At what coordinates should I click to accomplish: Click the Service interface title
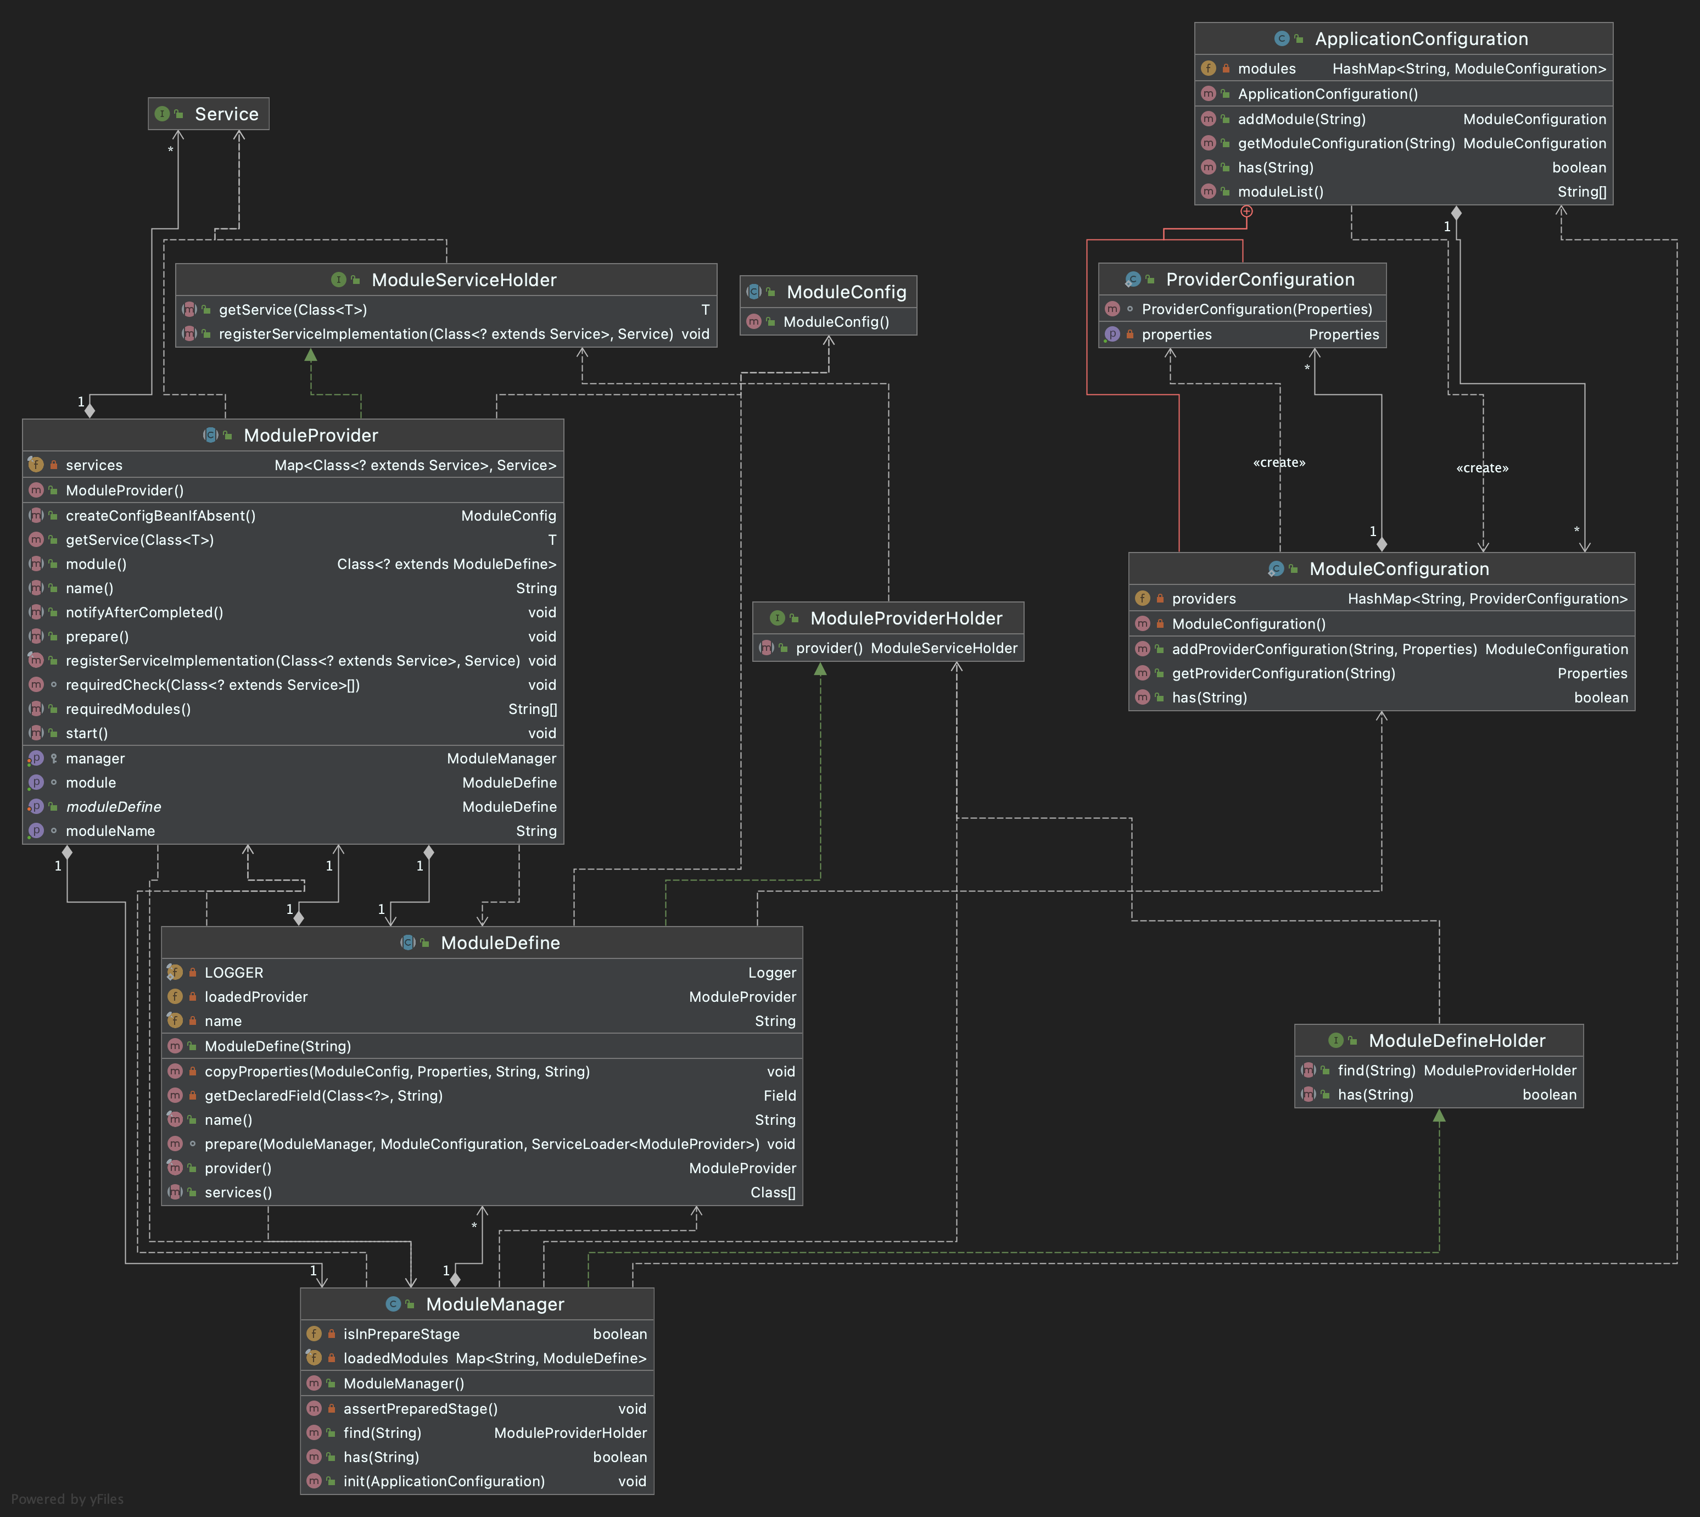[x=227, y=114]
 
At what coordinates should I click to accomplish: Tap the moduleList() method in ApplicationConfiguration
[x=1281, y=192]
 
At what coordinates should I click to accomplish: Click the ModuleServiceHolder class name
[x=464, y=280]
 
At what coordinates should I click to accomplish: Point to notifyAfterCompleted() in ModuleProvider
[x=144, y=612]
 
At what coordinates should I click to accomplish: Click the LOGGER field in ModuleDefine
[x=234, y=973]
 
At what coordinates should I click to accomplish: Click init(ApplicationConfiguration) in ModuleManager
[x=444, y=1481]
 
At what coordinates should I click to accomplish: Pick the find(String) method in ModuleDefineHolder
[x=1377, y=1070]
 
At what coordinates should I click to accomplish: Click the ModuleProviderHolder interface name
[x=907, y=618]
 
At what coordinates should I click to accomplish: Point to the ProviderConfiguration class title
[x=1260, y=279]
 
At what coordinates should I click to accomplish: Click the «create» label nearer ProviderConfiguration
[x=1279, y=462]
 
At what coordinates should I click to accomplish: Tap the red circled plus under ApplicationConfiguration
[x=1246, y=211]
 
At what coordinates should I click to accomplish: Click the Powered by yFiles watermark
[x=68, y=1499]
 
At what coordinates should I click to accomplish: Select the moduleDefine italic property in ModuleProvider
[x=113, y=807]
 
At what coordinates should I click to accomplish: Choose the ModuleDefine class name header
[x=500, y=942]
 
